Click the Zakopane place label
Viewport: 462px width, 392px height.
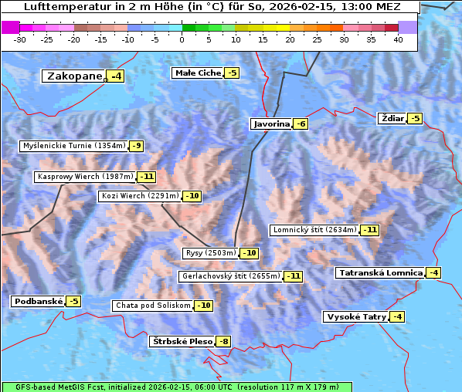tap(74, 76)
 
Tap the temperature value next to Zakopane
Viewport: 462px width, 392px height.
tap(116, 76)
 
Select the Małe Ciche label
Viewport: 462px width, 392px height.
tap(198, 73)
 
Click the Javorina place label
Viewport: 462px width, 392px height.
tap(271, 124)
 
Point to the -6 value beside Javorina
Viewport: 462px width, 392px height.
tap(301, 124)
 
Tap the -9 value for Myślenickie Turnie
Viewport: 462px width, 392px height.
tap(137, 146)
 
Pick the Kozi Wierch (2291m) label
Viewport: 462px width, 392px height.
tap(140, 196)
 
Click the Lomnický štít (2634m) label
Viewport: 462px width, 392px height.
tap(314, 230)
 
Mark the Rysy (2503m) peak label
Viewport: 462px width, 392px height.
tap(210, 253)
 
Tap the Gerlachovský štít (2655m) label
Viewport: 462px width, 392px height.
tap(230, 276)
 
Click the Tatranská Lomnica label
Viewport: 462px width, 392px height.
tap(380, 273)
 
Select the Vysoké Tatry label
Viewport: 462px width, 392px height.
tap(355, 317)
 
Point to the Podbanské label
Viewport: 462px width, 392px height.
tap(37, 302)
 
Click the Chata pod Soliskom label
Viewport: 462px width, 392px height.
tap(151, 306)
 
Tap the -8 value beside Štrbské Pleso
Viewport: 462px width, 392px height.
tap(223, 342)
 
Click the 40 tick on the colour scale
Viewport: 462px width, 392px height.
tap(398, 39)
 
